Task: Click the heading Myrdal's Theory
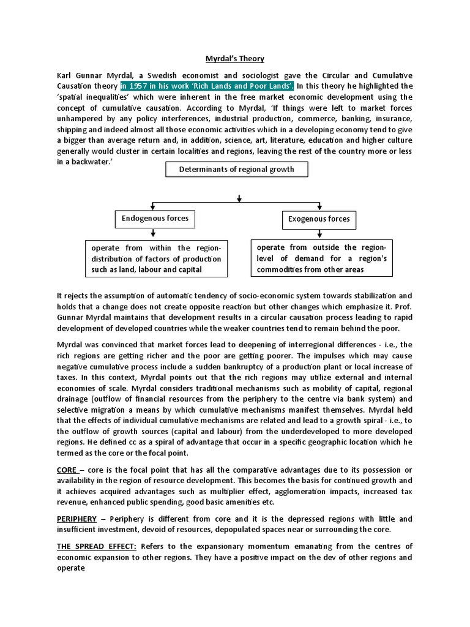tap(234, 59)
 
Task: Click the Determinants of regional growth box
tap(237, 170)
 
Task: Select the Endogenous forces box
tap(155, 218)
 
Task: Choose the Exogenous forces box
tap(319, 219)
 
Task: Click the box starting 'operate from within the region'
tap(155, 258)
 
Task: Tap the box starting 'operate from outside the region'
tap(321, 258)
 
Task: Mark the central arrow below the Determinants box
tap(239, 198)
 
